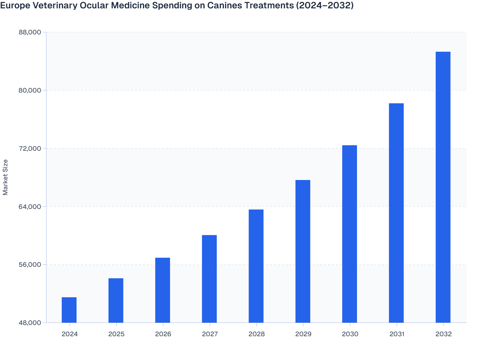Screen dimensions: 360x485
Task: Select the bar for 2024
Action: [69, 310]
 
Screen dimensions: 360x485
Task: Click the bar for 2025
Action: [116, 300]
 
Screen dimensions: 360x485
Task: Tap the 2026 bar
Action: [163, 290]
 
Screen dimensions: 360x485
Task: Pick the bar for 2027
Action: [209, 279]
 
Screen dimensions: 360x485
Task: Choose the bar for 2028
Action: [256, 266]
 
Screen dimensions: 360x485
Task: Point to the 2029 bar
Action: [303, 251]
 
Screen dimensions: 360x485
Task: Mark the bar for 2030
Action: [350, 234]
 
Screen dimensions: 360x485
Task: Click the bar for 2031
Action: [396, 213]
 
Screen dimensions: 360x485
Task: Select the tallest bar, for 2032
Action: [443, 187]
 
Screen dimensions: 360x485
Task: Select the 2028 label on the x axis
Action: [257, 334]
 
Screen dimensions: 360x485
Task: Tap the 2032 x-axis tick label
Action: [444, 334]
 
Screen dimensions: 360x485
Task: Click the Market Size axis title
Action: [5, 177]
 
